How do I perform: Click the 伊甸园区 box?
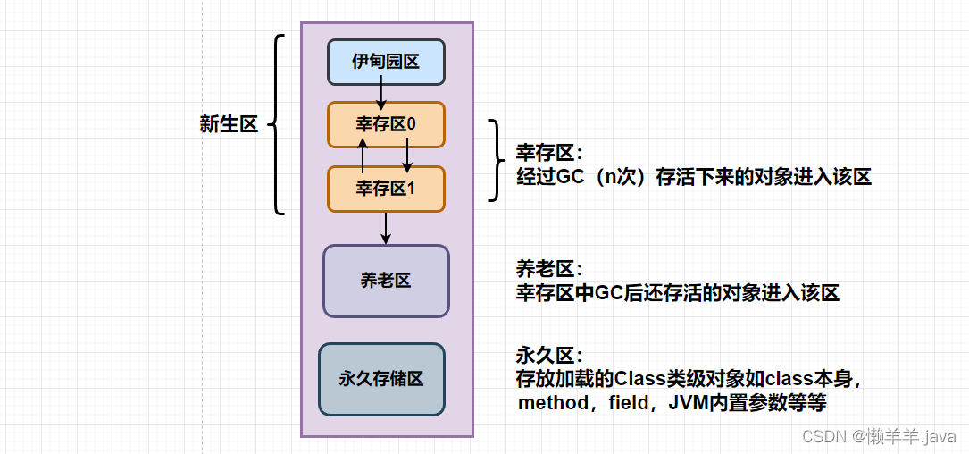386,62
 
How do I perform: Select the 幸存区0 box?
386,125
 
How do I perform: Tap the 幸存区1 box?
386,189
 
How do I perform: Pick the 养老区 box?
386,281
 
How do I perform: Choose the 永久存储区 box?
381,379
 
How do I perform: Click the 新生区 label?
229,125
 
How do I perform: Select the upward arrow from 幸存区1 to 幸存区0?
363,156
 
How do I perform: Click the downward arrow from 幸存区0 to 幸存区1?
407,156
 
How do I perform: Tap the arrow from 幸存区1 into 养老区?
386,228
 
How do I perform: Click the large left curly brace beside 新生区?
278,125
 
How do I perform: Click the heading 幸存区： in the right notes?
549,153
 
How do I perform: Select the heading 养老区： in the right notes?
549,269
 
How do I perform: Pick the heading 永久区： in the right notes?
549,355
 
